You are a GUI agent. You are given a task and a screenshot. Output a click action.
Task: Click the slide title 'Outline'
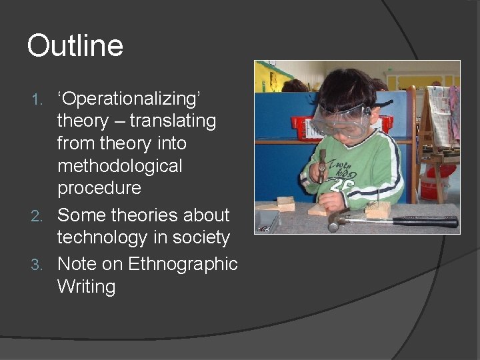coord(75,47)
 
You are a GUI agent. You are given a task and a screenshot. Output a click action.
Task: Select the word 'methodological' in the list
coord(119,165)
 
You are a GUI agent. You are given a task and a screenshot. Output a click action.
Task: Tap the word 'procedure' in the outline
coord(99,188)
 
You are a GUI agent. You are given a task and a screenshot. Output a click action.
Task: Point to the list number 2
coord(39,216)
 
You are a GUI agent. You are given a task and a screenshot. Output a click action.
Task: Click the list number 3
coord(39,265)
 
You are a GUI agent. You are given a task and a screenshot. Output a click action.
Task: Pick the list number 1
coord(39,100)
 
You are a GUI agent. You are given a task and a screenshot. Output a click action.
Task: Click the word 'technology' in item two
coord(105,237)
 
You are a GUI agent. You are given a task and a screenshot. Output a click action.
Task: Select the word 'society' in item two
coord(199,237)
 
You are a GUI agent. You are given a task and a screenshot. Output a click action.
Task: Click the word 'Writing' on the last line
coord(86,287)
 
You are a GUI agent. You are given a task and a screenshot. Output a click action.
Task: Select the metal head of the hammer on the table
coord(337,220)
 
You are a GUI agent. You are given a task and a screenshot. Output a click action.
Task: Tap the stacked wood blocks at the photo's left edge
coord(285,204)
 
